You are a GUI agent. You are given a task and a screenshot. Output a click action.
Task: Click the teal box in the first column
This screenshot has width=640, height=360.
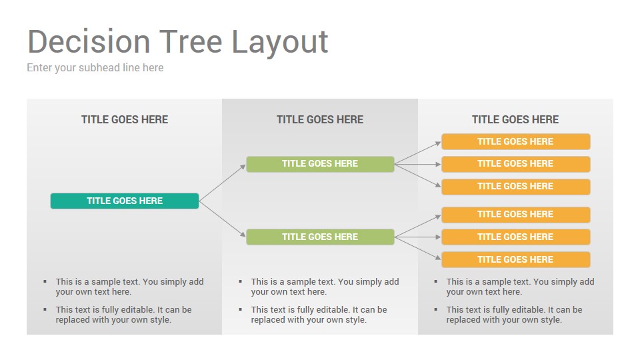pos(125,201)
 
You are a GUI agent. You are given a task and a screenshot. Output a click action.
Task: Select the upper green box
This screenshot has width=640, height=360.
pos(320,164)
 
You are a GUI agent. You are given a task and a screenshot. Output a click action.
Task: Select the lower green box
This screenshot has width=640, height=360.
pos(320,237)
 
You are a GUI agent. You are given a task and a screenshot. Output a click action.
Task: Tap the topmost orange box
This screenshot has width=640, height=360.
pos(516,141)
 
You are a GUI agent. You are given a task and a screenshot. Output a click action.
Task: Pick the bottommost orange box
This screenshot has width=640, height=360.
pos(516,259)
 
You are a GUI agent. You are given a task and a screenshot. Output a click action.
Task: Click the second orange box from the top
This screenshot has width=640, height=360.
pos(516,164)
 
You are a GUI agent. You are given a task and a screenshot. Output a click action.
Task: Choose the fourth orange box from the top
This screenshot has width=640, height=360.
pos(516,215)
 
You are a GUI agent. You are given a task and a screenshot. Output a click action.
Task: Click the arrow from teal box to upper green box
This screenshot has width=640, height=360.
pos(223,183)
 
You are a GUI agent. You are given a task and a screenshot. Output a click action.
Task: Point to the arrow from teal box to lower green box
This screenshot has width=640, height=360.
pos(223,219)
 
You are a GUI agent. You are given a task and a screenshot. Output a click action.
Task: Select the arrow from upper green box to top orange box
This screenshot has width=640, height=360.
pos(418,153)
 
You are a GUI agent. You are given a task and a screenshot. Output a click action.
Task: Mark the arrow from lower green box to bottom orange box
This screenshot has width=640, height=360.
pos(418,248)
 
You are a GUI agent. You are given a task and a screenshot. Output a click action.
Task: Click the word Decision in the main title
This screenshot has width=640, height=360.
pos(89,41)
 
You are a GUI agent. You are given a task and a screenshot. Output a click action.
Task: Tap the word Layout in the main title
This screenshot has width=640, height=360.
pos(280,43)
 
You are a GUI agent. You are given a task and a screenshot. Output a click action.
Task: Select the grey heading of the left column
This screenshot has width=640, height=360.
pos(125,119)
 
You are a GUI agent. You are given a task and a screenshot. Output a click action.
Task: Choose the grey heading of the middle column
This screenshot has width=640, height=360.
pos(320,119)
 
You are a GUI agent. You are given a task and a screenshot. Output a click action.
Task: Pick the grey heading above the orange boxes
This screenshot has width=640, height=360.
pos(515,119)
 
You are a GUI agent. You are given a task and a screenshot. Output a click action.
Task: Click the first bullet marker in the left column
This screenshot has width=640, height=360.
pos(45,281)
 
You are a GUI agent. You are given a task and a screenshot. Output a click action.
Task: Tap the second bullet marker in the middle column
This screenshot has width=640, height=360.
pos(241,309)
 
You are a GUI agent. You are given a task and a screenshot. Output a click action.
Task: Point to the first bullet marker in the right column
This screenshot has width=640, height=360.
pos(436,281)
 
